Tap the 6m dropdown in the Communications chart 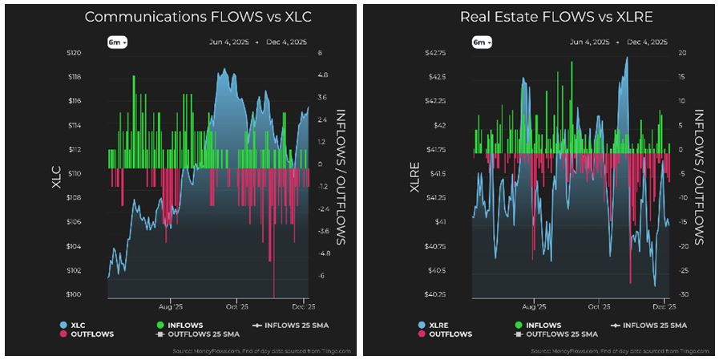tap(118, 42)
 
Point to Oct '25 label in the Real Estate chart tap(600, 306)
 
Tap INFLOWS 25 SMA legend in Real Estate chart tap(652, 325)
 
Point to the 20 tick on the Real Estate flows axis tap(681, 53)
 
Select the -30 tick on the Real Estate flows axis tap(681, 295)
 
